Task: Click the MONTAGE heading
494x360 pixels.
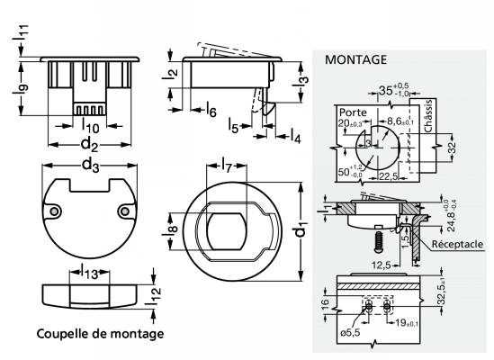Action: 355,60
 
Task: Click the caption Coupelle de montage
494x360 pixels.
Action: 100,334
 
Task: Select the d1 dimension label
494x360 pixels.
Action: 301,231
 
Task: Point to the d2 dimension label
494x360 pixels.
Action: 88,143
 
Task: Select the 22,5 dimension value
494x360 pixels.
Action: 388,176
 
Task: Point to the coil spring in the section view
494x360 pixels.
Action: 379,239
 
